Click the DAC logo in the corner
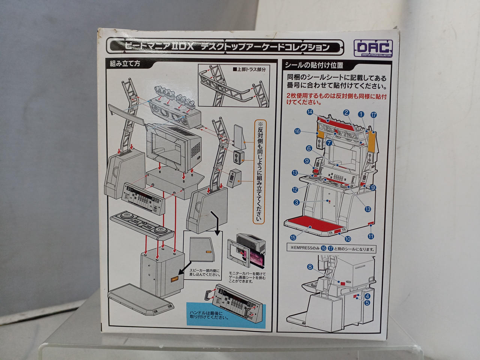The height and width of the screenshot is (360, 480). pos(373,47)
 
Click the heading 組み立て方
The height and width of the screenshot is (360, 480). pos(125,63)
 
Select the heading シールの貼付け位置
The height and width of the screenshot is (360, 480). pos(314,65)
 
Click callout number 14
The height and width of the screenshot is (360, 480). pos(310,112)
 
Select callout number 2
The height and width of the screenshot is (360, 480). pos(346,112)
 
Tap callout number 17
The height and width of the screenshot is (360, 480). pos(373,115)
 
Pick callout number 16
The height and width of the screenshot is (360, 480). pos(297,131)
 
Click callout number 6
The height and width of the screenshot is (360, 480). pos(309,148)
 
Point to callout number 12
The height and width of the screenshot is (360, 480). pos(295,190)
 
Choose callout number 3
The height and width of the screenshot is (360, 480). pos(297,202)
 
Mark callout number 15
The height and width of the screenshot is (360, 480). pos(292,237)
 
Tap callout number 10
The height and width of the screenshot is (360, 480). pos(348,239)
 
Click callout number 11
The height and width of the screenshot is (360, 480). pos(371,236)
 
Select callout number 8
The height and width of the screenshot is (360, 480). pos(310,267)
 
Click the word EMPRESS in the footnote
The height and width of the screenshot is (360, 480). pos(304,249)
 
